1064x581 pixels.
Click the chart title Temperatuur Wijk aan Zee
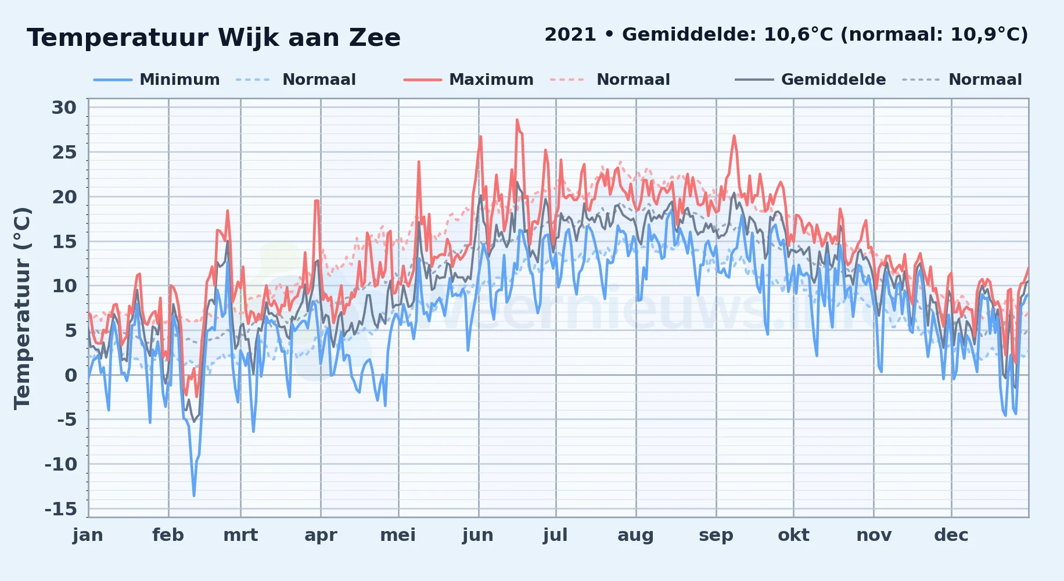(214, 38)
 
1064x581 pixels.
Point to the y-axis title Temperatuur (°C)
(23, 308)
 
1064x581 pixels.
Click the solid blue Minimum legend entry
(157, 80)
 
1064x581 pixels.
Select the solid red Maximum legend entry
(469, 80)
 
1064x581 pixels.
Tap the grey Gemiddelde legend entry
(810, 80)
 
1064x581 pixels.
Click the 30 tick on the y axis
(64, 107)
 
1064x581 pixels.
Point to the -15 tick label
(61, 509)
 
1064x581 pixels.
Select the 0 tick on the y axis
(70, 375)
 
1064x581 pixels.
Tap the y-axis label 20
(64, 197)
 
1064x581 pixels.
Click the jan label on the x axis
(88, 535)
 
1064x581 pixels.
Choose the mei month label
(398, 535)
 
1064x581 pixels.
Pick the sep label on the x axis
(716, 535)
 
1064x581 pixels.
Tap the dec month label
(951, 535)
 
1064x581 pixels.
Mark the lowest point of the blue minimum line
(194, 496)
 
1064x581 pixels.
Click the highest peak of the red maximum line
(517, 120)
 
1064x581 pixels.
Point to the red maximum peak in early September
(734, 136)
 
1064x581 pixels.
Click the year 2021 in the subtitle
(570, 35)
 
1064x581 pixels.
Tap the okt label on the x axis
(794, 535)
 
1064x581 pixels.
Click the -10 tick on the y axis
(61, 464)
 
